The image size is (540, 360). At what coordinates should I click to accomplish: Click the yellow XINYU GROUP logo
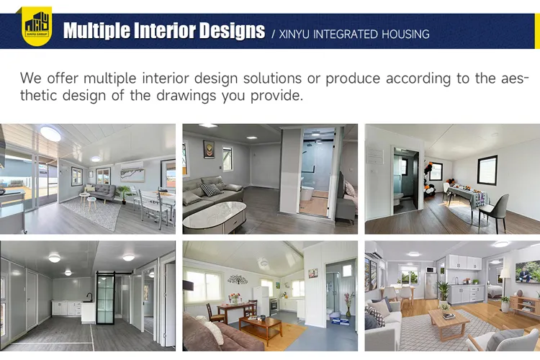36,26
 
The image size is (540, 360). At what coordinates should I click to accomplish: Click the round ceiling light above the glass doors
51,134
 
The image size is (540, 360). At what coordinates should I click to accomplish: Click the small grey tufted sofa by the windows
102,192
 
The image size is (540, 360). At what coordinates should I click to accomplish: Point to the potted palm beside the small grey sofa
125,193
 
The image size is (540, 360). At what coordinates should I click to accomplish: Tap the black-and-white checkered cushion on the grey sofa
210,189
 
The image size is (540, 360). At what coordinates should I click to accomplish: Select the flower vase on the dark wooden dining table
234,297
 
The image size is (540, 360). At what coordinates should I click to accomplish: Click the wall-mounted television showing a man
528,271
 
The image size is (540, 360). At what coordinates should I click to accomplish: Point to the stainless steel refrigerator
431,284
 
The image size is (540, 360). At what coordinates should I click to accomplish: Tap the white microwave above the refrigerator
431,269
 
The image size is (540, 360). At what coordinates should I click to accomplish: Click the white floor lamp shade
504,274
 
